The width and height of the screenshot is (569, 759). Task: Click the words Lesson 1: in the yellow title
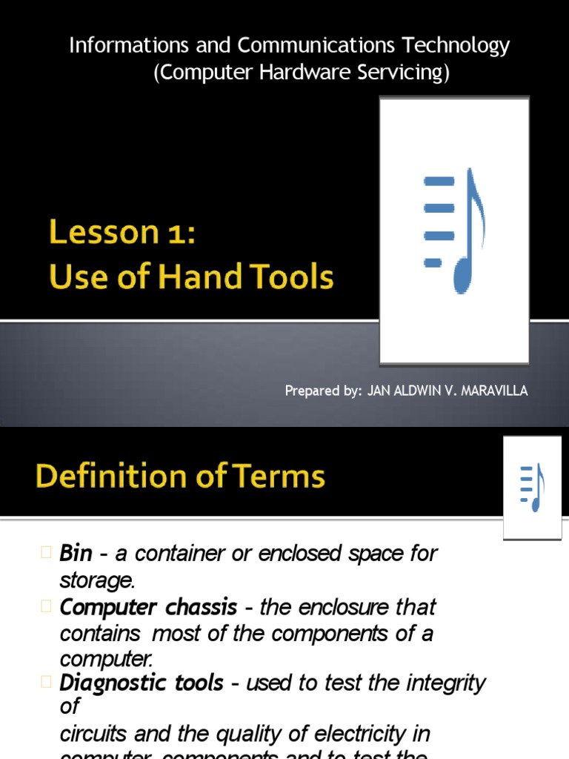click(123, 233)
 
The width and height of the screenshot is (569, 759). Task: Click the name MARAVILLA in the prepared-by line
click(492, 391)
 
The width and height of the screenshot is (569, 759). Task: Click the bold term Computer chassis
click(148, 607)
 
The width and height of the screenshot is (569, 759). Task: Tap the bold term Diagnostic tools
click(141, 683)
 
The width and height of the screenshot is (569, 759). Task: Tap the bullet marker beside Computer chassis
click(47, 607)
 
